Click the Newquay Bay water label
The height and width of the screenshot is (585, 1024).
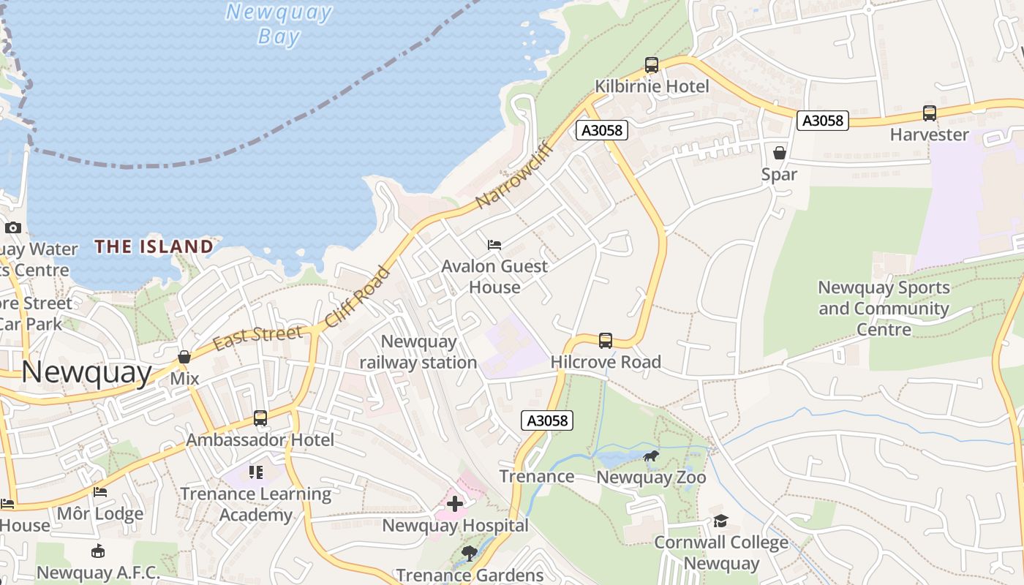[x=279, y=24]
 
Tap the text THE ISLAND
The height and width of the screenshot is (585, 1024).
[x=154, y=246]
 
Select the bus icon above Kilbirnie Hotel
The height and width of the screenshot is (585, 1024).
[x=652, y=65]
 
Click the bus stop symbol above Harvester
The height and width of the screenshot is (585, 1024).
[x=930, y=113]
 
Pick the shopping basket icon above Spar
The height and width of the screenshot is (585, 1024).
[x=780, y=153]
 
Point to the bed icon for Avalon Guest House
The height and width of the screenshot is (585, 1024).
[x=494, y=244]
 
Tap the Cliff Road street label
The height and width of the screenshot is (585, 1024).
[x=358, y=297]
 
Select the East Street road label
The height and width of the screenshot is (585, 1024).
[x=257, y=337]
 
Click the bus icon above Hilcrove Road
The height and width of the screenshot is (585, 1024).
[x=606, y=340]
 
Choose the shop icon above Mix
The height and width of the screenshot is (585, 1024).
[x=184, y=357]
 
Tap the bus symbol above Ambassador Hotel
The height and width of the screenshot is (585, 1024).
[x=260, y=418]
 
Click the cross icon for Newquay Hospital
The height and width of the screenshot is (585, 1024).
[x=455, y=504]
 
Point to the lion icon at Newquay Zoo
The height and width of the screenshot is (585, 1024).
[x=651, y=456]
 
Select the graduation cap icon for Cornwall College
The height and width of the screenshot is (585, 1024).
[x=721, y=521]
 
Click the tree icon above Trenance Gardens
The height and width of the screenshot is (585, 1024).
[x=470, y=553]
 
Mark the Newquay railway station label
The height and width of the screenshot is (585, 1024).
[x=418, y=352]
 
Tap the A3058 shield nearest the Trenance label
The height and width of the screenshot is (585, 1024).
[x=547, y=420]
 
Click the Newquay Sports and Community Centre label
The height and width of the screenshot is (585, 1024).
[x=884, y=308]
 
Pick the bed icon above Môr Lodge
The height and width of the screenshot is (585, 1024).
[x=100, y=492]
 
